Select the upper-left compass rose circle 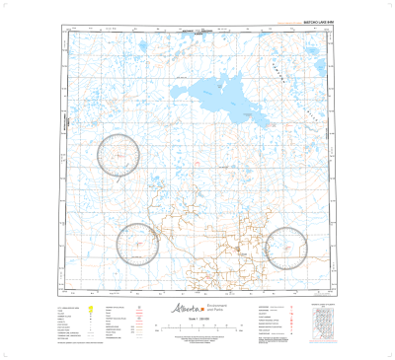click(120, 154)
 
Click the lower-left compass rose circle click(137, 243)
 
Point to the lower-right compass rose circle click(287, 246)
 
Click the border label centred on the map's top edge click(198, 33)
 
